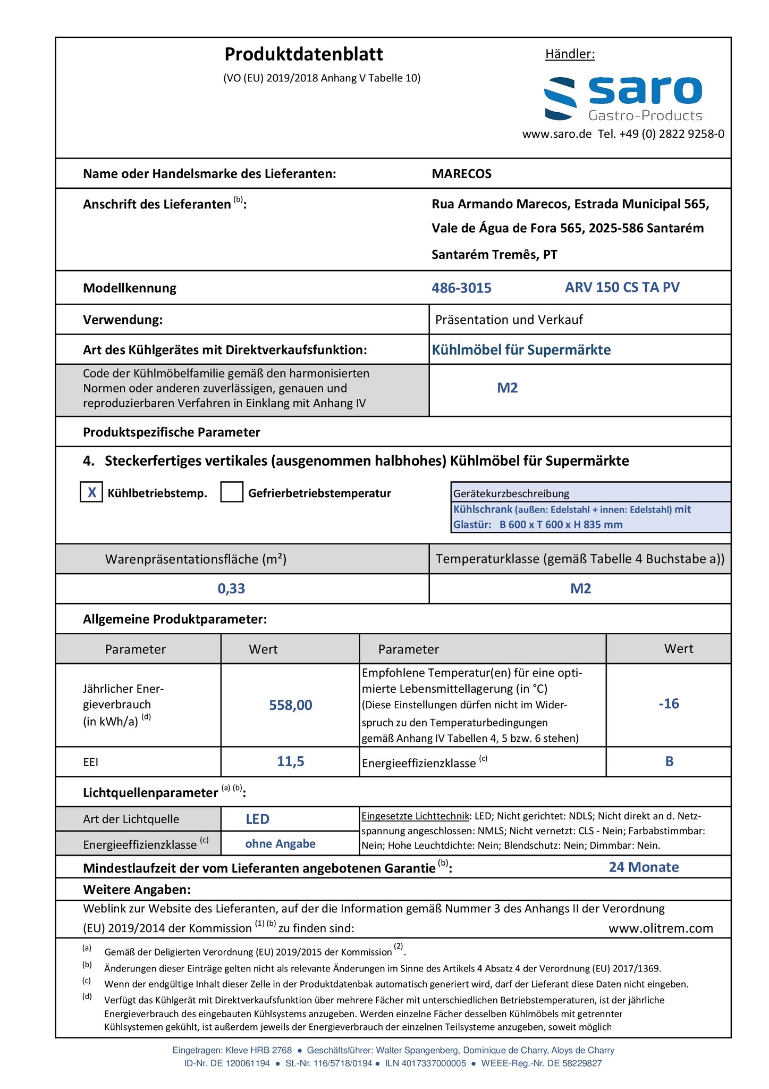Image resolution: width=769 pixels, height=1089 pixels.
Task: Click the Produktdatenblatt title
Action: [x=303, y=55]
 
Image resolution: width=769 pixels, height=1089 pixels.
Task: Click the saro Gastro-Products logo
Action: [x=623, y=99]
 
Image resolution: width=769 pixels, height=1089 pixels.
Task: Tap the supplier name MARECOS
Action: [x=461, y=174]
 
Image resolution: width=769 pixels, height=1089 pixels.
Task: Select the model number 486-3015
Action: [x=461, y=288]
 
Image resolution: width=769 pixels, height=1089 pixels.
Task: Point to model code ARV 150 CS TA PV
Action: [x=622, y=288]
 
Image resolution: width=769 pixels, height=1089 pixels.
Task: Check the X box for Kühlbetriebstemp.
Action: [x=91, y=492]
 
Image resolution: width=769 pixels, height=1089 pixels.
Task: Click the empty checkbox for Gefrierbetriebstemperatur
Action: [x=232, y=492]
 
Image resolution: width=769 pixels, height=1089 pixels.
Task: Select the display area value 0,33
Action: [x=231, y=589]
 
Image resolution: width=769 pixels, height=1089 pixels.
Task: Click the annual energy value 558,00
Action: [x=291, y=705]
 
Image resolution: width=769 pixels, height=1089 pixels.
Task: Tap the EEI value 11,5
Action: [x=291, y=761]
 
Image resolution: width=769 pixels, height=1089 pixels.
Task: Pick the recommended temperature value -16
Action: [x=669, y=704]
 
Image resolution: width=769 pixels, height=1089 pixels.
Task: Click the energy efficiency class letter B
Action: [x=669, y=761]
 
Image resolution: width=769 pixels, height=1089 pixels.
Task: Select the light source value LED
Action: [x=257, y=819]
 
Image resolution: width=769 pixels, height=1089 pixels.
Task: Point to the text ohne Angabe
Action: [x=280, y=844]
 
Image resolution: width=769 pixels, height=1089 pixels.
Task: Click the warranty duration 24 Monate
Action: [x=644, y=867]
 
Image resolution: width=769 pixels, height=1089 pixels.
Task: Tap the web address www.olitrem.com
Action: [x=661, y=928]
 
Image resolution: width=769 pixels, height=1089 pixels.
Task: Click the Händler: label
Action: [x=570, y=54]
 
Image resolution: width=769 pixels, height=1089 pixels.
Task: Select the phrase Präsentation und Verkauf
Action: [x=509, y=320]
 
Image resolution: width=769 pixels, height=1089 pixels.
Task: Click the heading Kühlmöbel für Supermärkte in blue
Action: [x=521, y=350]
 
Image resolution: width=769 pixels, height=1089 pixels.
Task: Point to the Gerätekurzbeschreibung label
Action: [x=511, y=493]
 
